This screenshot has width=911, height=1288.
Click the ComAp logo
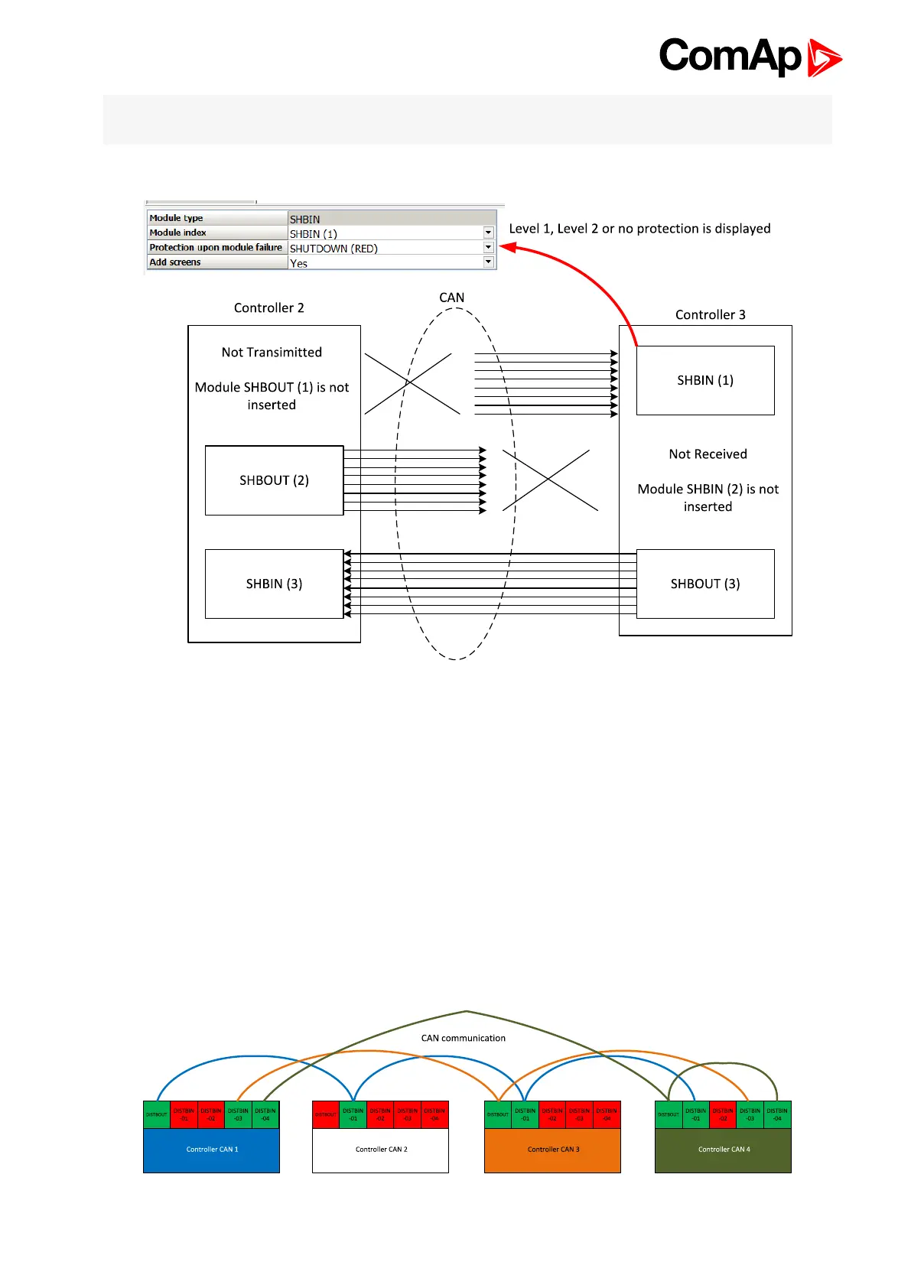(750, 57)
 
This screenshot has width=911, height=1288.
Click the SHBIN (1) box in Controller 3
(704, 380)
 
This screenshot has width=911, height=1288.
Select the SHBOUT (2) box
(274, 480)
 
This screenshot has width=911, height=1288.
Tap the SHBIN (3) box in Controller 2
(274, 584)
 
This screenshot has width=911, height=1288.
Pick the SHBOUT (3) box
(704, 584)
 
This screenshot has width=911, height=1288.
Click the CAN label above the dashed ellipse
(451, 298)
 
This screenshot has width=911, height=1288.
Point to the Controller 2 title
(268, 307)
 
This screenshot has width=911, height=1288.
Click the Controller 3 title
(710, 314)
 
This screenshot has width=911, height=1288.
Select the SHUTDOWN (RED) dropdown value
(333, 249)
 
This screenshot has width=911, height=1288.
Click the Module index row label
(178, 233)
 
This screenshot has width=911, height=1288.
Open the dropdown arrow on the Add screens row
(488, 262)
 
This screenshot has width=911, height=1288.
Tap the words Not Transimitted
(272, 352)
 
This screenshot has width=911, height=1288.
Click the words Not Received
(708, 454)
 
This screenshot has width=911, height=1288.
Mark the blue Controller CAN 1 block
(212, 1150)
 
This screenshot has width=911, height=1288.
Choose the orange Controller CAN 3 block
(553, 1150)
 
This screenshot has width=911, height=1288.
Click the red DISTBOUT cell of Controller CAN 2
(325, 1114)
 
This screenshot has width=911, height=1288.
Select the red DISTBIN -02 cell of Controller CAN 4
(723, 1114)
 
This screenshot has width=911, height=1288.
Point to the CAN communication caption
(463, 1038)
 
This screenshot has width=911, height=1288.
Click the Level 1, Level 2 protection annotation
(639, 229)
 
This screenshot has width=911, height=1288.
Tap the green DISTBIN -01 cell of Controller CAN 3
(525, 1114)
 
